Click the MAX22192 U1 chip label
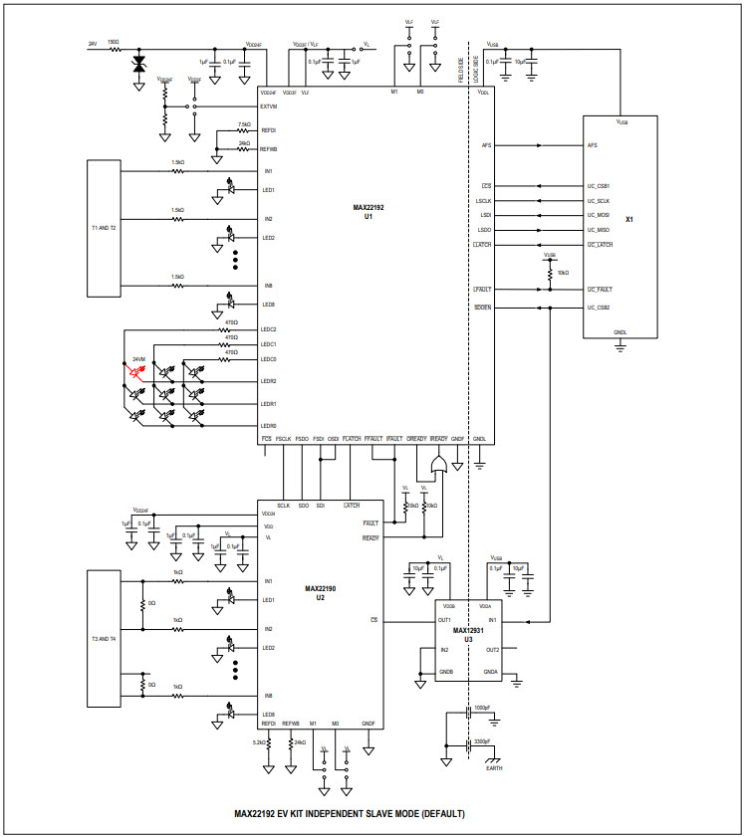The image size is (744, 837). (x=362, y=211)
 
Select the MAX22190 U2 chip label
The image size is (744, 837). (x=320, y=593)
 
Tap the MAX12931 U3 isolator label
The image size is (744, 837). (x=468, y=634)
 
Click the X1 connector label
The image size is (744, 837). (x=629, y=219)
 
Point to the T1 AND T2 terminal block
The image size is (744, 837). (x=104, y=228)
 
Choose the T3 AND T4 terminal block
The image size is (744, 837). (x=104, y=638)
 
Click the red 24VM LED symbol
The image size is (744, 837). (x=136, y=372)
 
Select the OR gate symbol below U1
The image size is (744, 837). (x=436, y=465)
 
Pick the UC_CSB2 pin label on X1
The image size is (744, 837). (x=599, y=308)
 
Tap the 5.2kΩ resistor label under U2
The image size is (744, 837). (x=257, y=742)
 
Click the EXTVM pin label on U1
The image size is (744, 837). (x=268, y=106)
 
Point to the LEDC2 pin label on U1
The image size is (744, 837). (x=268, y=329)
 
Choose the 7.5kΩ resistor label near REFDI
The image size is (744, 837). (x=244, y=124)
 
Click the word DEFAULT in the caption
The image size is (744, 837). (x=441, y=813)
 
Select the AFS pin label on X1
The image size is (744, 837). (x=593, y=145)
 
